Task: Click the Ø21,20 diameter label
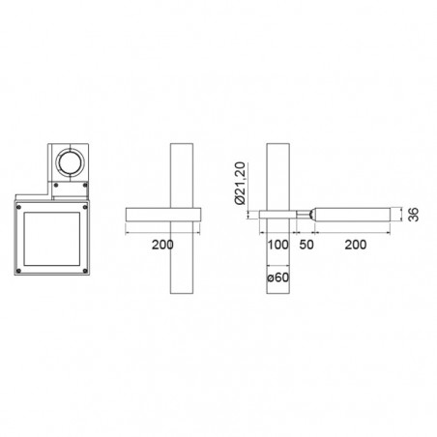pos(241,184)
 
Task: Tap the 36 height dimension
pos(414,215)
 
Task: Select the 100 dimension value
pos(278,245)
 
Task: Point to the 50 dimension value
pos(306,245)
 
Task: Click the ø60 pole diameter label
pos(278,277)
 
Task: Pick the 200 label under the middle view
pos(162,245)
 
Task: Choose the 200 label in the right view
pos(356,245)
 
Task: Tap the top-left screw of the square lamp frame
pos(18,207)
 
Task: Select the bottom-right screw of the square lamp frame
pos(85,271)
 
